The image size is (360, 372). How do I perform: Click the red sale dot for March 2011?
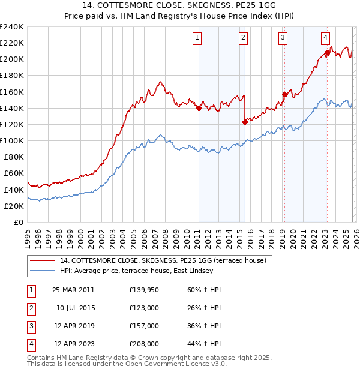pos(198,108)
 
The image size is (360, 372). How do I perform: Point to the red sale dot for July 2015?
pos(244,122)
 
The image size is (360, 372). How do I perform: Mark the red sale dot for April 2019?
pos(284,94)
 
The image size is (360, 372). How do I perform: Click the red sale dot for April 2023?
pos(327,53)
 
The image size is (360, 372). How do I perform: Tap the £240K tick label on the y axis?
pos(11,27)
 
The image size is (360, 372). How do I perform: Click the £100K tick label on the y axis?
pos(11,140)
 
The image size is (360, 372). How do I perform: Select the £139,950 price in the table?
pos(144,290)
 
